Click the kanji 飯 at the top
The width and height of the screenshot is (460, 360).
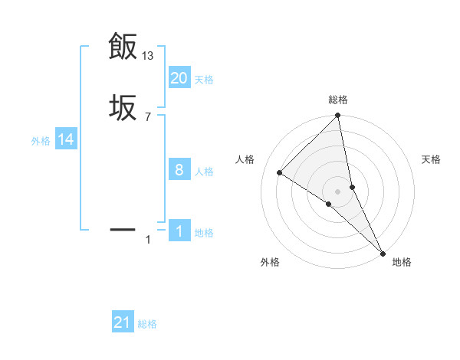(x=123, y=47)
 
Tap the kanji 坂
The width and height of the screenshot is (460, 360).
(x=123, y=108)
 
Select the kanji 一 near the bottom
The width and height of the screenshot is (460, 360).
(x=123, y=229)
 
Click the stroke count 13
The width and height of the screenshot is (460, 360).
(x=149, y=56)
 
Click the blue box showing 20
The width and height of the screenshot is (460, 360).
(x=179, y=78)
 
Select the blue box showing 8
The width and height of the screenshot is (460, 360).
(x=179, y=170)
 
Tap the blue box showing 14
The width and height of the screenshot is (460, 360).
(x=66, y=139)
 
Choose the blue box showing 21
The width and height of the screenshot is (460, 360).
(x=123, y=323)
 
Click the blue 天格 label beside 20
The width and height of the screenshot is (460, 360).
(x=204, y=80)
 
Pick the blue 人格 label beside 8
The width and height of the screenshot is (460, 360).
(x=204, y=172)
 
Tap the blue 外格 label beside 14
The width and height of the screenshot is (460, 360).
(x=41, y=141)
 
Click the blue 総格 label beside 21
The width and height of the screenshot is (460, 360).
(x=147, y=325)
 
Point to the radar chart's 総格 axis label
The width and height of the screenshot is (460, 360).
(x=338, y=100)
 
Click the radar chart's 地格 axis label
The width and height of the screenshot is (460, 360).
(x=402, y=262)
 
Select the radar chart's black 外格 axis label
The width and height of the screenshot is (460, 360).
(x=270, y=262)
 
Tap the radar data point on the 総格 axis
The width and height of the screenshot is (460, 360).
(x=338, y=116)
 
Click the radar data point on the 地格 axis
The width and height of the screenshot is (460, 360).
(x=383, y=252)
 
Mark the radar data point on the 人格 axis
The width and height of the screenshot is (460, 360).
(x=280, y=172)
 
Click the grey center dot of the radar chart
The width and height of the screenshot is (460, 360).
(x=338, y=191)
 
